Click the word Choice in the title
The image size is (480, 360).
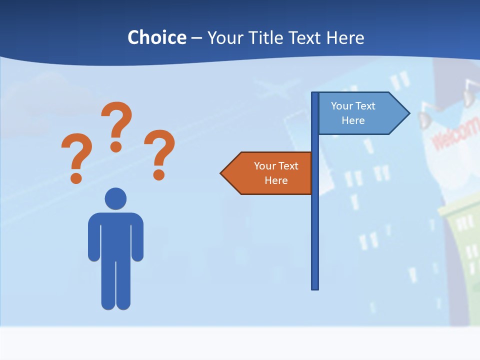tap(156, 38)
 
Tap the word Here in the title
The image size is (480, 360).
tap(345, 38)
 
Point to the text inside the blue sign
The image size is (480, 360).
tap(353, 113)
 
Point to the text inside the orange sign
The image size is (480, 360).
tap(276, 173)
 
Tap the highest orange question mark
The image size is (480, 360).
tap(116, 125)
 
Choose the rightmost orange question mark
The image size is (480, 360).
tap(159, 153)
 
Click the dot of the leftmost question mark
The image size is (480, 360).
tap(76, 177)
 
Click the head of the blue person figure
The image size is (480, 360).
tap(115, 198)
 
